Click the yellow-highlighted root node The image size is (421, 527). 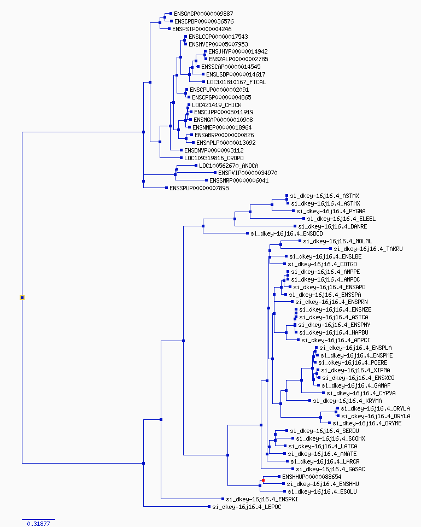click(22, 297)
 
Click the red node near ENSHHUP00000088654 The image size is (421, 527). click(264, 481)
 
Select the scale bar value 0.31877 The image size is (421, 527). click(38, 523)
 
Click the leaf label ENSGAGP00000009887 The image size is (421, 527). click(203, 14)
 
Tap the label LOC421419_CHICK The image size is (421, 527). click(217, 105)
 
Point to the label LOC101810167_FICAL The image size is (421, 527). click(236, 82)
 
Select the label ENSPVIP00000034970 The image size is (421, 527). click(248, 173)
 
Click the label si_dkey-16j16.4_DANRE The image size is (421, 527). click(332, 226)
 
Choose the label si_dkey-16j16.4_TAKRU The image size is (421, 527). click(368, 249)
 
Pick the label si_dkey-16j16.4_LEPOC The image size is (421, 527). click(247, 507)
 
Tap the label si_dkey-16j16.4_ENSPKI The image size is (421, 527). click(262, 500)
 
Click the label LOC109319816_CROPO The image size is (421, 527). click(214, 158)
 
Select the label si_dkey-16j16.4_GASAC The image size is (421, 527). click(331, 469)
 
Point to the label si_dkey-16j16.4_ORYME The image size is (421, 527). click(367, 424)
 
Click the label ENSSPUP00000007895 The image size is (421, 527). click(199, 188)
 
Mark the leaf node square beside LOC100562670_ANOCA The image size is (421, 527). click(196, 165)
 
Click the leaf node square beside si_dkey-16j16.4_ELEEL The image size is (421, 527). click(304, 219)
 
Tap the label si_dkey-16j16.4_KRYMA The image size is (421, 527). click(347, 401)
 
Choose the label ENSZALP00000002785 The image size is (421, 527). click(238, 59)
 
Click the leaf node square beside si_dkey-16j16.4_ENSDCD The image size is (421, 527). click(248, 233)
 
